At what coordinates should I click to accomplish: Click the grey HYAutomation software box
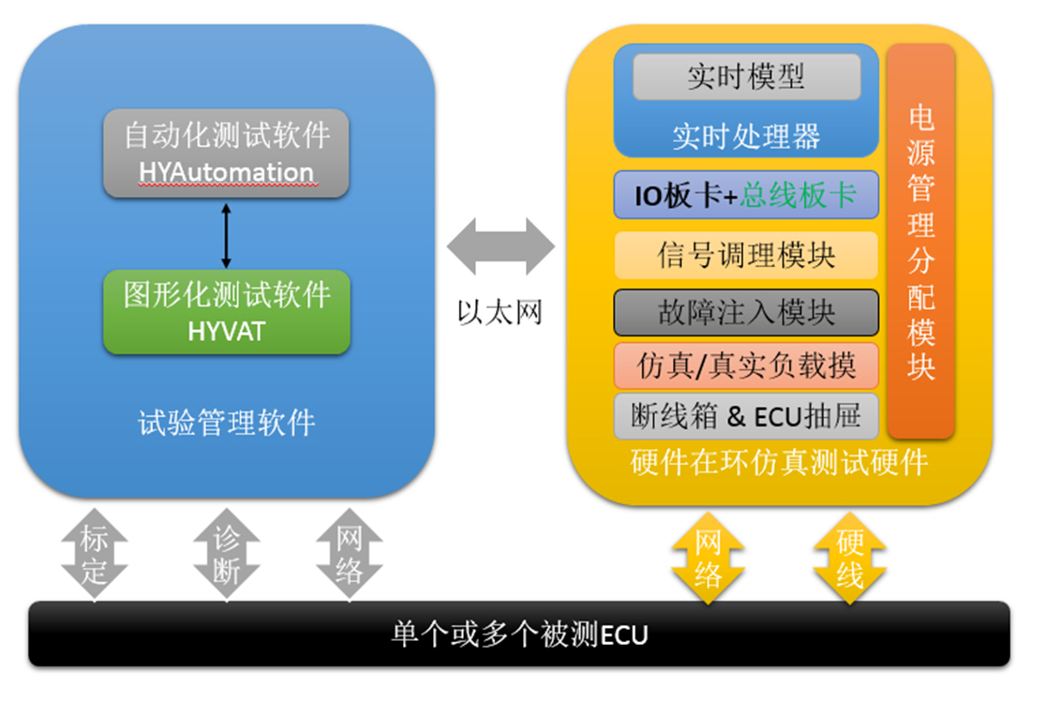[x=226, y=153]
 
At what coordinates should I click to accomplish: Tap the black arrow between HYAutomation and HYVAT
[x=225, y=234]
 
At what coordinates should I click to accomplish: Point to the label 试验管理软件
[x=226, y=424]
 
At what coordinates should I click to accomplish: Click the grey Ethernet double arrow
[x=500, y=246]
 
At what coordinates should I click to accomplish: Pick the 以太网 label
[x=500, y=312]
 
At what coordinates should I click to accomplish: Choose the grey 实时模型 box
[x=746, y=77]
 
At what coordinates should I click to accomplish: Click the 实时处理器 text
[x=746, y=137]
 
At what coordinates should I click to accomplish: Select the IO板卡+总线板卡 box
[x=746, y=195]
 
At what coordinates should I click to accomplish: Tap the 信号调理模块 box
[x=746, y=255]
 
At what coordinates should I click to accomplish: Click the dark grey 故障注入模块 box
[x=746, y=312]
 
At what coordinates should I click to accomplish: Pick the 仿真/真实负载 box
[x=746, y=365]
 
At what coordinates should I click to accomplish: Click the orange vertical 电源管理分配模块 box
[x=920, y=241]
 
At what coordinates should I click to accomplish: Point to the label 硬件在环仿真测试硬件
[x=780, y=462]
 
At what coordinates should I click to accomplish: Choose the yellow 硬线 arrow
[x=849, y=558]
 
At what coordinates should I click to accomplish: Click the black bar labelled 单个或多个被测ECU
[x=519, y=634]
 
